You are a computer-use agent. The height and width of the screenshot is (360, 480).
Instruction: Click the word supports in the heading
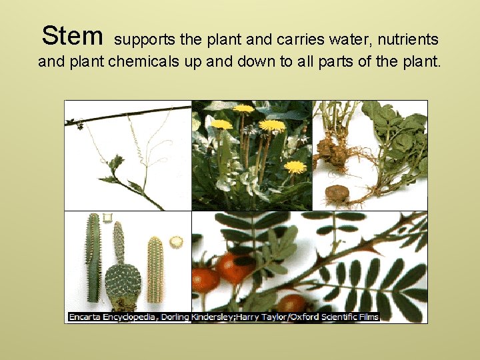[x=145, y=41]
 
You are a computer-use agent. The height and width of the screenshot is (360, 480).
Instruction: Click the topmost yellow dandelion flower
[x=244, y=109]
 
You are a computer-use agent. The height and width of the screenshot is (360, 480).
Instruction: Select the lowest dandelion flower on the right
[x=295, y=167]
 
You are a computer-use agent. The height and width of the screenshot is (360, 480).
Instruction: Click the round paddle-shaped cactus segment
[x=123, y=281]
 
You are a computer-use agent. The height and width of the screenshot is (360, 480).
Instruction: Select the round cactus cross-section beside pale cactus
[x=177, y=241]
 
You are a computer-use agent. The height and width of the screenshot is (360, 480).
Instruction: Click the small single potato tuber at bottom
[x=337, y=193]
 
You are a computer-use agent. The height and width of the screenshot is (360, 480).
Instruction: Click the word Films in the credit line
[x=367, y=317]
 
